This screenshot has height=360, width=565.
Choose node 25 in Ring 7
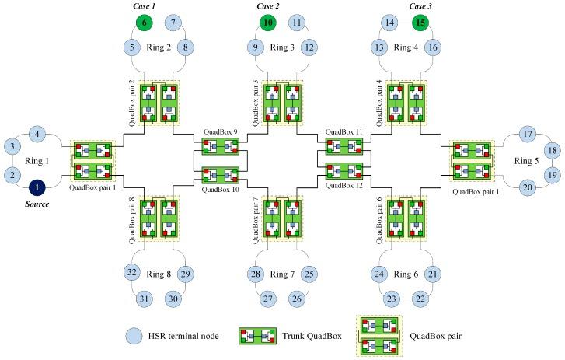[309, 273]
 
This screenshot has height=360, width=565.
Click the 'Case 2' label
[267, 5]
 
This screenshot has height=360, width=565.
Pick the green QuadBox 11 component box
[343, 146]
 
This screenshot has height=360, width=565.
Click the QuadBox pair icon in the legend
[380, 337]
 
